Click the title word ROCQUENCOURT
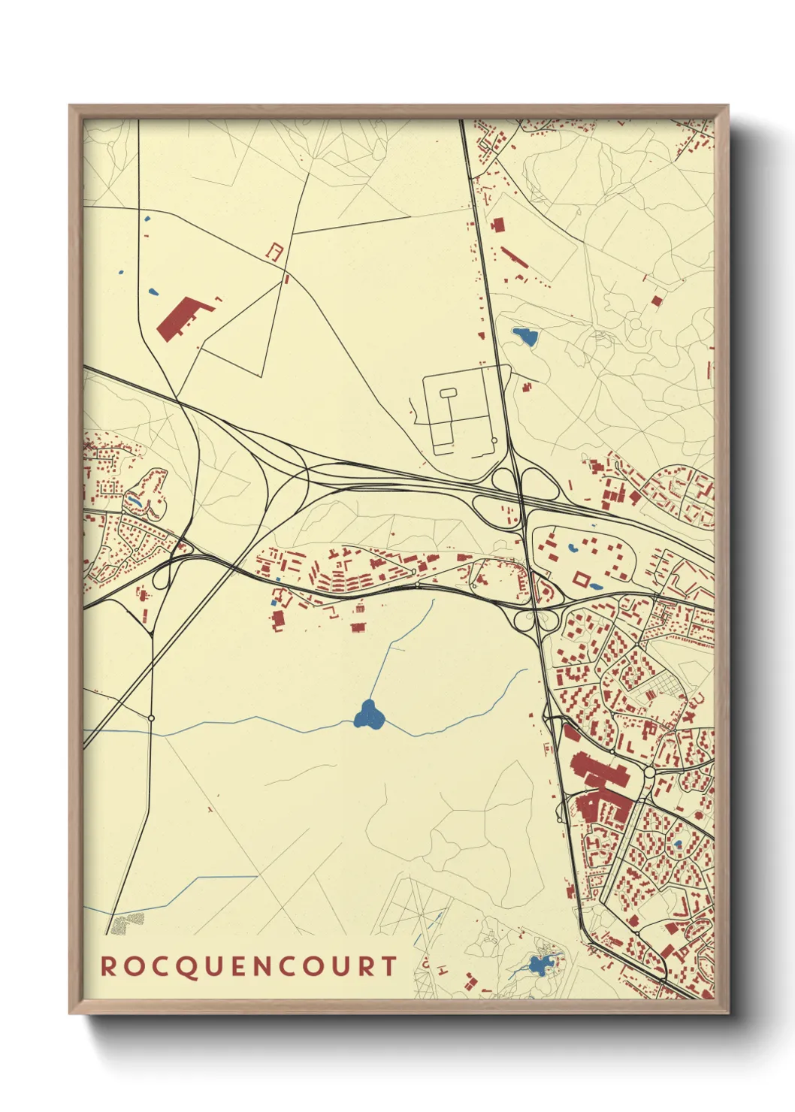click(249, 966)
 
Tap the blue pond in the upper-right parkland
click(525, 336)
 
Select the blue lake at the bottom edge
click(538, 964)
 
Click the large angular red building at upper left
click(182, 317)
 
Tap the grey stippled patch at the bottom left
click(128, 923)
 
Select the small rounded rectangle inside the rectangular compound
click(447, 392)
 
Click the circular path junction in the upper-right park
click(635, 324)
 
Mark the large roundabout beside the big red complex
click(649, 772)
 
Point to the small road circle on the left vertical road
click(151, 718)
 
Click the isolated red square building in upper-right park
click(656, 301)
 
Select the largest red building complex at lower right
click(601, 789)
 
